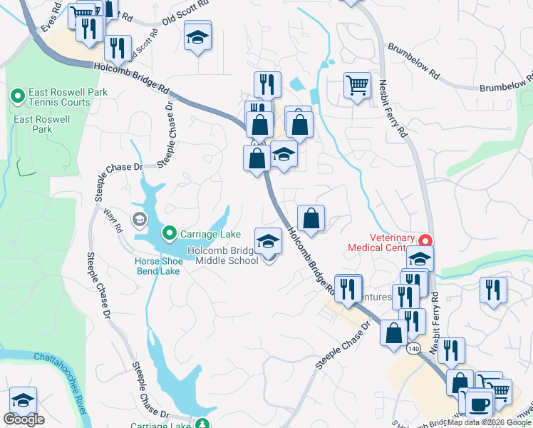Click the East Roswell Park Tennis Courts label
60,98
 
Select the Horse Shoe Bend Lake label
157,265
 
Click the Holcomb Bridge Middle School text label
223,255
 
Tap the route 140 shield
414,349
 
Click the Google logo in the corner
24,419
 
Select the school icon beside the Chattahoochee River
24,400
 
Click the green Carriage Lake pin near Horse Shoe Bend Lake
170,233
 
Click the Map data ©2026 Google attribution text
489,422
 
